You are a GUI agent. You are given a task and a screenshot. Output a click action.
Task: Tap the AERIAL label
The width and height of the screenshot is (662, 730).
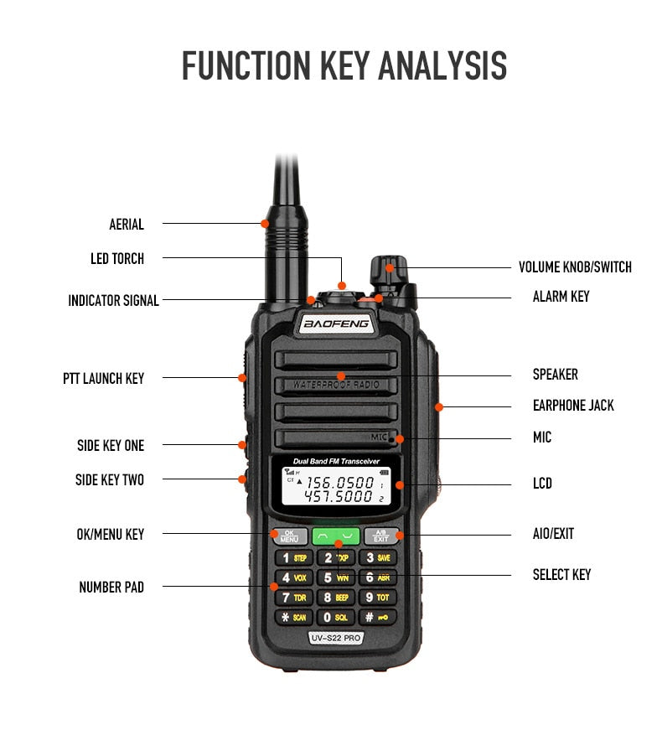(x=127, y=225)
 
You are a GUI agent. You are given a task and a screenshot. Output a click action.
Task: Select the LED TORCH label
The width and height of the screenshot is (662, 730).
(x=117, y=259)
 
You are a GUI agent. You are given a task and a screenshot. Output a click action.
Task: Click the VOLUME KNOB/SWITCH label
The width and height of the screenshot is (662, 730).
(x=575, y=267)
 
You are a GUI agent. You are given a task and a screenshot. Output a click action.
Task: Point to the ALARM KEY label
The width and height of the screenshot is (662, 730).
(x=561, y=297)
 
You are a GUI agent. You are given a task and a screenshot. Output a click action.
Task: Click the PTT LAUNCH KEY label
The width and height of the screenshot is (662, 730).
(x=103, y=378)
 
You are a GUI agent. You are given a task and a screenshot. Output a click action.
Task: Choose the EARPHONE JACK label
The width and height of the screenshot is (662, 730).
(x=573, y=406)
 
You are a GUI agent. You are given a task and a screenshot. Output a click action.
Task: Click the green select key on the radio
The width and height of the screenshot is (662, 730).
(x=336, y=536)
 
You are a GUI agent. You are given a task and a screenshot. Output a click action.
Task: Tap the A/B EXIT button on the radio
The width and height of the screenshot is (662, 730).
(x=381, y=536)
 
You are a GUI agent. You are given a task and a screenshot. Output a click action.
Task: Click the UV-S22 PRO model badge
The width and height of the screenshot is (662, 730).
(x=336, y=639)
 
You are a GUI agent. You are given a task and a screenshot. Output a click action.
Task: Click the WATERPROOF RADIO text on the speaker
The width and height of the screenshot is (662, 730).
(x=336, y=385)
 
